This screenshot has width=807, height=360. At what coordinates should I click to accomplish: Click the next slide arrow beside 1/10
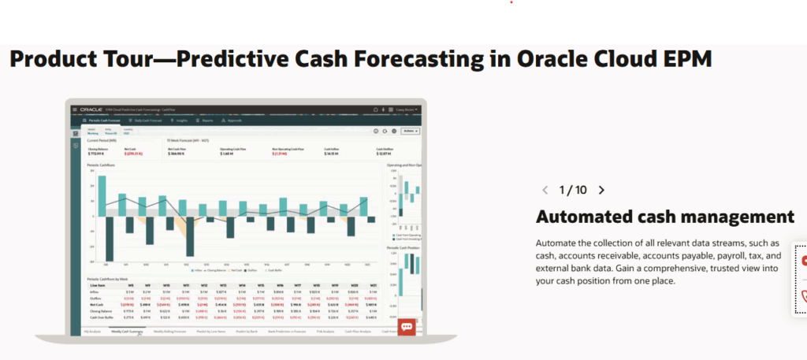coord(601,190)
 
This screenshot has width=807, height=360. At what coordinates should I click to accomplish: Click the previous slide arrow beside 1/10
coord(545,190)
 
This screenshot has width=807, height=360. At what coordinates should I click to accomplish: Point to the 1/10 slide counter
coord(573,190)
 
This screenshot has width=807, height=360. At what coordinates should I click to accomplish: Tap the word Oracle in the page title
coord(552,59)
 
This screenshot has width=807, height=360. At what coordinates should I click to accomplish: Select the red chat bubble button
coord(407,326)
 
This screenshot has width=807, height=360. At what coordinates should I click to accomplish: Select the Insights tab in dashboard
coord(181,120)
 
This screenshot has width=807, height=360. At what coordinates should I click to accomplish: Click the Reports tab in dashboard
coord(206,120)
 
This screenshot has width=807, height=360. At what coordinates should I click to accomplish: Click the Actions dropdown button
coord(410,131)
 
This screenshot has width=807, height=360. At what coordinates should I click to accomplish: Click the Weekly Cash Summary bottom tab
coord(126,332)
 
